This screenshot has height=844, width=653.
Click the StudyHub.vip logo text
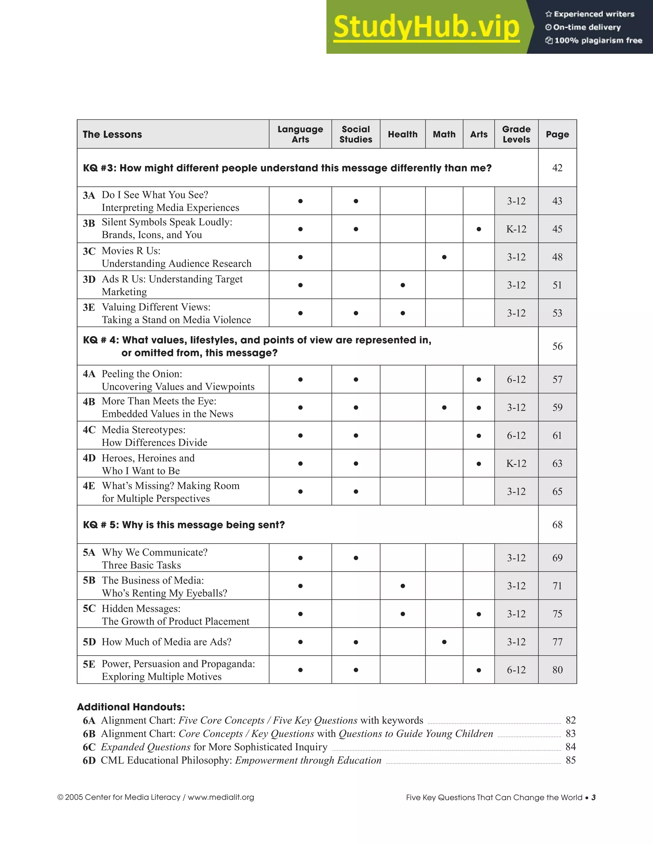click(x=426, y=27)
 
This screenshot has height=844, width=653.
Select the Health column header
click(x=403, y=134)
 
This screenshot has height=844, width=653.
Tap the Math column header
click(x=444, y=134)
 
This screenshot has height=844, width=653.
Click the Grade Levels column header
click(x=516, y=134)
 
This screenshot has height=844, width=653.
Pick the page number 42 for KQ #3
click(x=557, y=168)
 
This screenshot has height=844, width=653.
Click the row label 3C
click(x=89, y=252)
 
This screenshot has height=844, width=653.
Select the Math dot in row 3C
click(x=444, y=257)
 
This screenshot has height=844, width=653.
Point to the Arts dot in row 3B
click(x=479, y=229)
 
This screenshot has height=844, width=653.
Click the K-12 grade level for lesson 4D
click(x=516, y=463)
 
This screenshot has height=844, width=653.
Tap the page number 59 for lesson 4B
click(x=557, y=407)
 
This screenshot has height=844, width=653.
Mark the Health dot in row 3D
click(x=403, y=285)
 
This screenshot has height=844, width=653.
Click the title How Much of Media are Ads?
click(x=166, y=642)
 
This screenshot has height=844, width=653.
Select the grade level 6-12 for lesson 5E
click(x=516, y=670)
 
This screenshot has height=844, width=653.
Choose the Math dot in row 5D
click(x=444, y=642)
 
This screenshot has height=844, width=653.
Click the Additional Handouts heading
click(x=131, y=707)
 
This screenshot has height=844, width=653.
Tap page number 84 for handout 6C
click(x=570, y=747)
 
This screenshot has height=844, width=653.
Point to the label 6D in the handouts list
click(x=89, y=761)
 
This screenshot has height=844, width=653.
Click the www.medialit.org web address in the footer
click(x=221, y=797)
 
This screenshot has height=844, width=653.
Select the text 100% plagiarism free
click(x=598, y=40)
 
